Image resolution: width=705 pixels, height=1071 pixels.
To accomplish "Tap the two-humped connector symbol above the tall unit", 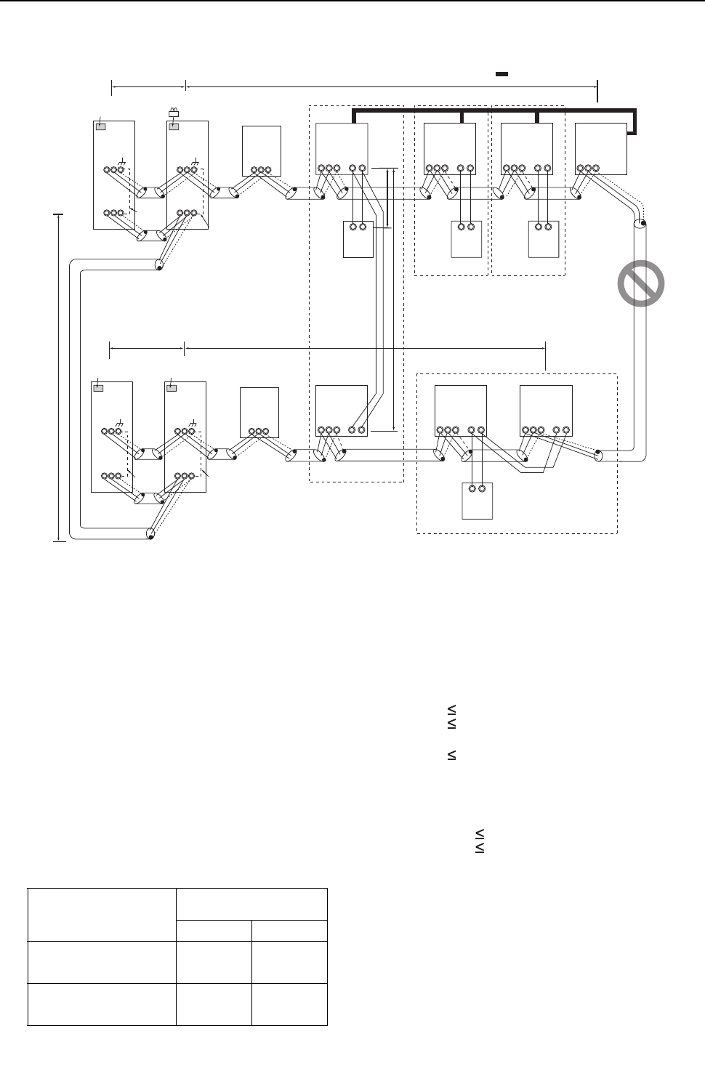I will coord(174,113).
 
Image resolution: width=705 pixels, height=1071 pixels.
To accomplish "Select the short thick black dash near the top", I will coord(501,74).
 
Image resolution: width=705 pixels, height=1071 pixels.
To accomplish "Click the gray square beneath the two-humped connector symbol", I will coord(174,126).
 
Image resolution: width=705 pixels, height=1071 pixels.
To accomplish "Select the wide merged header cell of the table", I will coord(251,905).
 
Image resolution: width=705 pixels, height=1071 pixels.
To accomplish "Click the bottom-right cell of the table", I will coord(289,1005).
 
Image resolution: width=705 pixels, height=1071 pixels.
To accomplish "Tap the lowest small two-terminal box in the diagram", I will coord(478,501).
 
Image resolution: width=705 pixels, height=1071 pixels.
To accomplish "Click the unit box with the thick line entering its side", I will coord(600,148).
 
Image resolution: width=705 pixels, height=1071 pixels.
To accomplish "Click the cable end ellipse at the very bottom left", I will coord(150,534).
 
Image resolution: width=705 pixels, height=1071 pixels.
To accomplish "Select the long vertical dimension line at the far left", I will coord(58,376).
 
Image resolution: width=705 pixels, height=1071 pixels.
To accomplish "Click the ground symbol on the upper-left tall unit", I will coord(121,159).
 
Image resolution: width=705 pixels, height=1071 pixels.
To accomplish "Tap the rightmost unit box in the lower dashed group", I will coord(547,411).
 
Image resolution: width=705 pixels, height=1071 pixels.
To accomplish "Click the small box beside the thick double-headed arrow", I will coord(358,238).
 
